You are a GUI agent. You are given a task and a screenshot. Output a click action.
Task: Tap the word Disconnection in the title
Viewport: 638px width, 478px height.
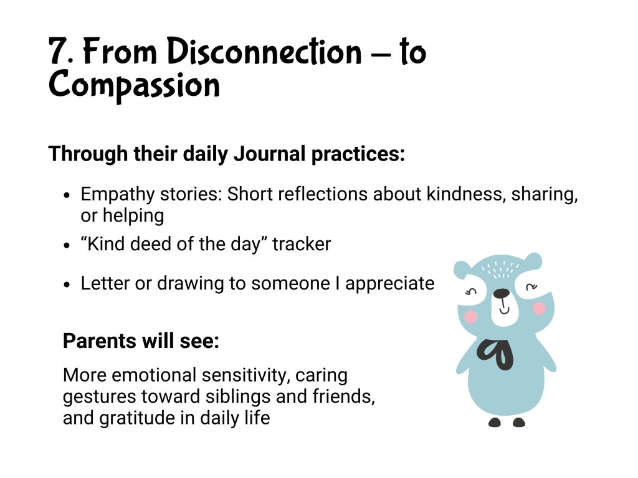click(264, 51)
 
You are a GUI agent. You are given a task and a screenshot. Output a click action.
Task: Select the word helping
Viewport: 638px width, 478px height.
click(133, 216)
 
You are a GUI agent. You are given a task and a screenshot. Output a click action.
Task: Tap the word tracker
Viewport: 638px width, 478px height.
click(302, 244)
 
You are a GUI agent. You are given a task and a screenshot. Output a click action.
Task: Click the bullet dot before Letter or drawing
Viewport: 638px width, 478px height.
click(67, 284)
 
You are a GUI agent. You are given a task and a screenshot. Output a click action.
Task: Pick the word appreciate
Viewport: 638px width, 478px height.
click(389, 284)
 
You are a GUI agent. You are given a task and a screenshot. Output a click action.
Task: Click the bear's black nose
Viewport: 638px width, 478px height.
click(502, 294)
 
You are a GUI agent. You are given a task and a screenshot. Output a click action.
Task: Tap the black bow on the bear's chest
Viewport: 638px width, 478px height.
click(495, 354)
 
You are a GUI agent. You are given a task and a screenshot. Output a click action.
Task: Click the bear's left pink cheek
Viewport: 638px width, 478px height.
click(470, 317)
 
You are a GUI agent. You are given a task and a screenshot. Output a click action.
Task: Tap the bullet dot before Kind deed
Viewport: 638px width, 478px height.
click(67, 245)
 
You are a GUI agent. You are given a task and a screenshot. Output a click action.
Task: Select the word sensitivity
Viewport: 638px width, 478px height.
click(241, 375)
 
